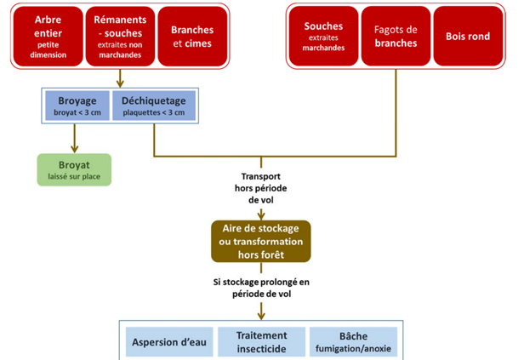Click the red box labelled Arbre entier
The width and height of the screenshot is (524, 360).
[48, 37]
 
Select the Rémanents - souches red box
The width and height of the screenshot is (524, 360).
[121, 37]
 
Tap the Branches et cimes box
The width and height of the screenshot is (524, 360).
[191, 37]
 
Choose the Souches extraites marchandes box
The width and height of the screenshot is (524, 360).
[324, 37]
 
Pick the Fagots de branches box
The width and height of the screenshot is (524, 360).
[396, 37]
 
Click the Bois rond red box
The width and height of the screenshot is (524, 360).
[468, 37]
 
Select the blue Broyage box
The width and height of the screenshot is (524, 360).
[77, 105]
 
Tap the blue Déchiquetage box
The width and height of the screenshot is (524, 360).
[154, 105]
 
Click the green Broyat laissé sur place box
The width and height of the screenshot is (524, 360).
[73, 169]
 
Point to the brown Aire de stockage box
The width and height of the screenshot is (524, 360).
[261, 242]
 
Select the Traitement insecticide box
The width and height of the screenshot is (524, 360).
[261, 341]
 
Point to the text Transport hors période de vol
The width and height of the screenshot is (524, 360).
[261, 187]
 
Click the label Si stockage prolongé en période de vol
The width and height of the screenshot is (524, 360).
[261, 287]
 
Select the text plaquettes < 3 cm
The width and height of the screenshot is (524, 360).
[154, 111]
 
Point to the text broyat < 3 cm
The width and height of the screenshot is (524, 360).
[77, 111]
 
